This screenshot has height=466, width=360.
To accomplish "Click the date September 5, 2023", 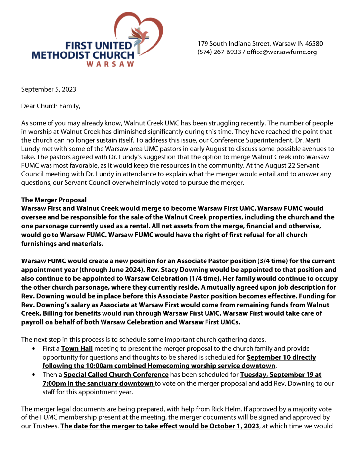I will click(49, 90).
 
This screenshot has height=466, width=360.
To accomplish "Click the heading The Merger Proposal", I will click(53, 200).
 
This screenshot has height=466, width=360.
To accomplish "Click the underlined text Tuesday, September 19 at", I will click(280, 375).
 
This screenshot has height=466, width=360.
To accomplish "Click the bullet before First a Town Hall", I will click(32, 349).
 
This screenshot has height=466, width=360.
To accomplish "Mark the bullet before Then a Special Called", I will click(32, 375).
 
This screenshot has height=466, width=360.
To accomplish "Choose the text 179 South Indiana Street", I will click(233, 44).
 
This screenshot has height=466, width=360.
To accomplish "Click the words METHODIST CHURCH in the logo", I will click(83, 55).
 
